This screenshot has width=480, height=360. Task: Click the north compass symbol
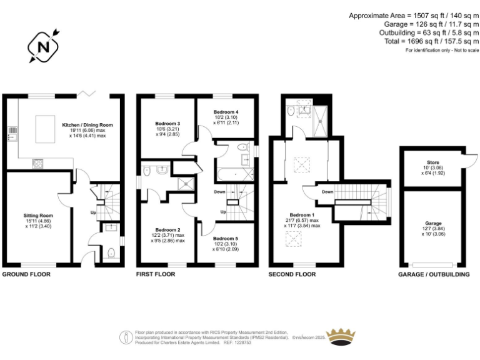pyautogui.click(x=43, y=47)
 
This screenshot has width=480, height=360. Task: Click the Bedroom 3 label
pyautogui.click(x=167, y=124)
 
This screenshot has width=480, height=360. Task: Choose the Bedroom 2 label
pyautogui.click(x=167, y=230)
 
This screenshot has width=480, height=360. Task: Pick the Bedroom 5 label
pyautogui.click(x=226, y=238)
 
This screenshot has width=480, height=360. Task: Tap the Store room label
pyautogui.click(x=433, y=162)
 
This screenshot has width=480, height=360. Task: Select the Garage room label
pyautogui.click(x=433, y=223)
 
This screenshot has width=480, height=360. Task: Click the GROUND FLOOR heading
pyautogui.click(x=26, y=274)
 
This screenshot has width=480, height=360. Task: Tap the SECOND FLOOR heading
pyautogui.click(x=292, y=274)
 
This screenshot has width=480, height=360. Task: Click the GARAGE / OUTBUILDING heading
pyautogui.click(x=433, y=274)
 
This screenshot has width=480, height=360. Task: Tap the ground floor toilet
pyautogui.click(x=111, y=253)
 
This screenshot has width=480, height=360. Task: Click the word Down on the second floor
pyautogui.click(x=327, y=192)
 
